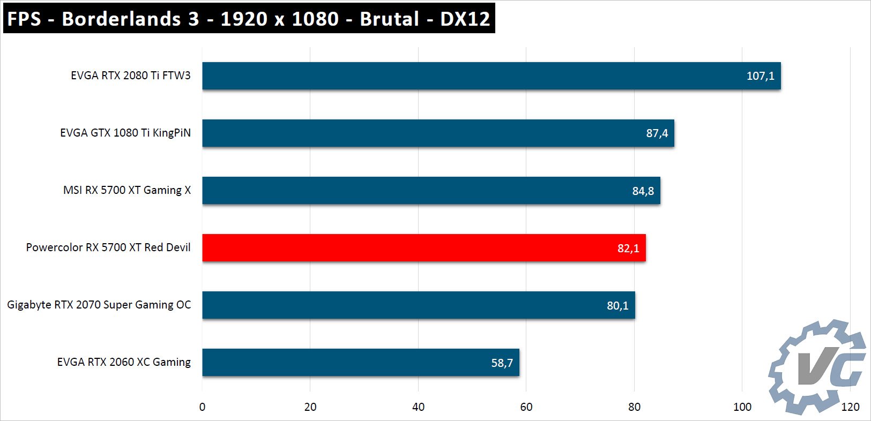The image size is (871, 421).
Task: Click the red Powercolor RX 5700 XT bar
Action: pos(423,247)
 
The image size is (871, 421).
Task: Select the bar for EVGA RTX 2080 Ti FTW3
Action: pos(491,76)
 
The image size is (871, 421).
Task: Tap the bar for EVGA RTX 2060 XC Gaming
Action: pos(360,363)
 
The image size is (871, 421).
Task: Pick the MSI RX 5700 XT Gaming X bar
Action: pos(431,190)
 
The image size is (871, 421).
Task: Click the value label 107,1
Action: pos(760,76)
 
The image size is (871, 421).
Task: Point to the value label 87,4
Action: pos(657,133)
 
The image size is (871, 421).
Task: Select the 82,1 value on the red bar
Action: pos(628,249)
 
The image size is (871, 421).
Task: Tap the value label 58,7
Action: pos(502,363)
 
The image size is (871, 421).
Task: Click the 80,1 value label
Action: pos(617,306)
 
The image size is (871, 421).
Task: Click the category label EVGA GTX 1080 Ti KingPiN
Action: pos(125,133)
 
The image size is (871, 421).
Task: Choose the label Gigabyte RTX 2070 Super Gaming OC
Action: pos(99,305)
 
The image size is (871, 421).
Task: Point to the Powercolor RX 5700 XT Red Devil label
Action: pos(108,247)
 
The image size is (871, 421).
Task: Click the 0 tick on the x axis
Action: pos(202,407)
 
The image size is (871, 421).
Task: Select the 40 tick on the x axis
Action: pos(418,407)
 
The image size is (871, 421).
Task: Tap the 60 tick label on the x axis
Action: pos(526,407)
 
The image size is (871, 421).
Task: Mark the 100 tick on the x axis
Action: pos(742,407)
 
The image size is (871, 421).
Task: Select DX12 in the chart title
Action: pos(465,19)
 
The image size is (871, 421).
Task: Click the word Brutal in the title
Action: pos(389,19)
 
